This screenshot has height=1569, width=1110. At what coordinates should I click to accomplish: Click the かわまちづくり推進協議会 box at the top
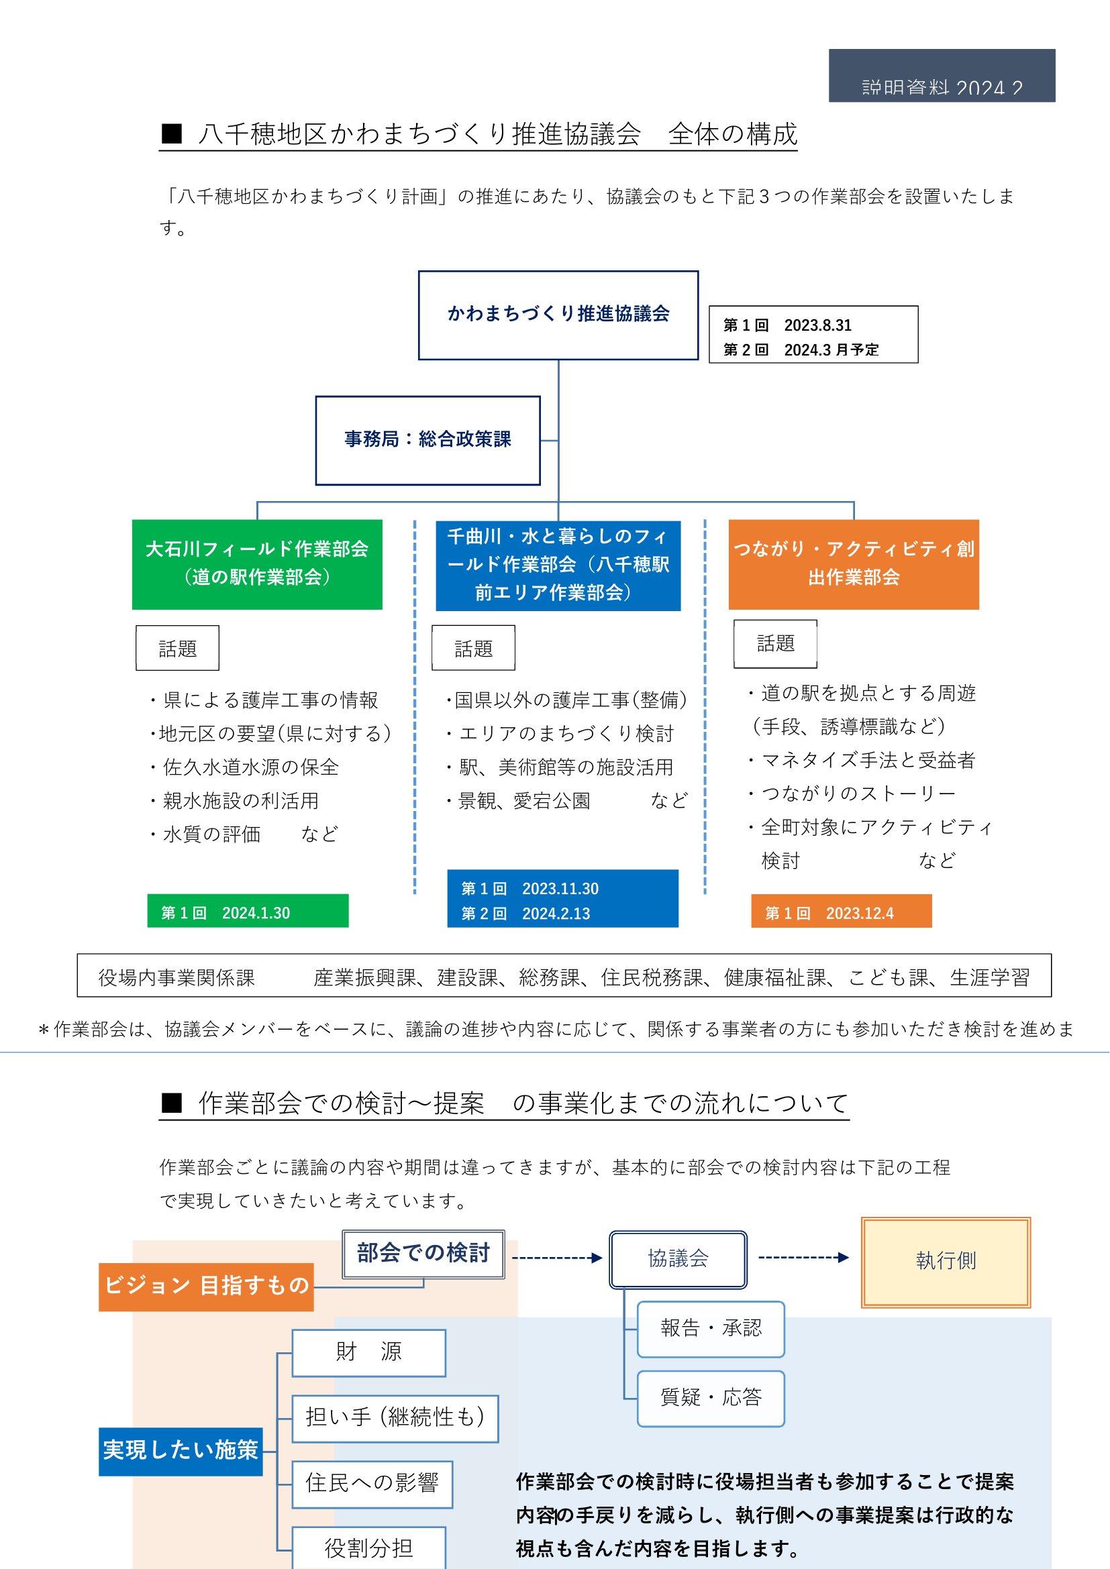(x=558, y=315)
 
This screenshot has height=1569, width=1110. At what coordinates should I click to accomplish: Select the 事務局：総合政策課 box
(x=427, y=440)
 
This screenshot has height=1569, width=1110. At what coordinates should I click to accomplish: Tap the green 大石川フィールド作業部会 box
(x=257, y=563)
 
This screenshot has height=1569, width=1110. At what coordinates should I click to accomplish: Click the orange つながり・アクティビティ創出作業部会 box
(x=853, y=563)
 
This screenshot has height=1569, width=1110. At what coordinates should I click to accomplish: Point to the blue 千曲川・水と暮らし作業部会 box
(x=558, y=564)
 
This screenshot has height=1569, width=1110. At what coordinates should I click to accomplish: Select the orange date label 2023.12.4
(x=841, y=912)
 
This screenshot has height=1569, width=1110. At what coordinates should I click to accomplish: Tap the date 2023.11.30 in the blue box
(x=560, y=888)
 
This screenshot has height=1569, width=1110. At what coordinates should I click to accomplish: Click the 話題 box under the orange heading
(x=775, y=644)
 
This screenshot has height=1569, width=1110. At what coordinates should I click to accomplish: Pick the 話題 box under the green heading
(x=178, y=648)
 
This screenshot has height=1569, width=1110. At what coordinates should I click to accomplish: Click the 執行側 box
(x=946, y=1262)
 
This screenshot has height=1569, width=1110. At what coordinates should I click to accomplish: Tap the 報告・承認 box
(x=711, y=1328)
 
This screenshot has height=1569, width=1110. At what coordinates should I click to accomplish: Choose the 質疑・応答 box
(x=711, y=1398)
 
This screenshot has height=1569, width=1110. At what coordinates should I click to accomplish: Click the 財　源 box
(x=368, y=1352)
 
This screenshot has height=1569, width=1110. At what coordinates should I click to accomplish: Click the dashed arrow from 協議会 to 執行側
(x=803, y=1257)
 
